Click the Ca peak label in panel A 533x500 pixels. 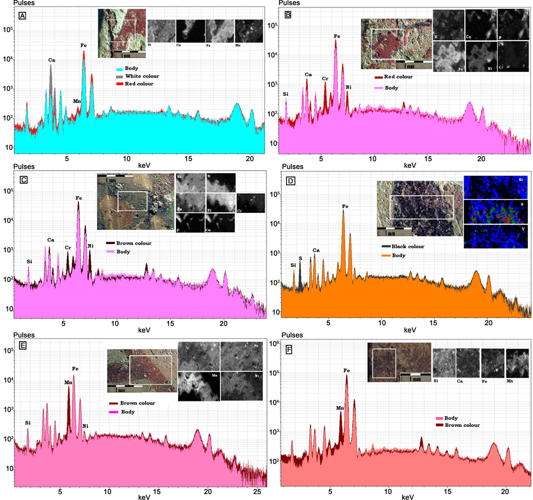click(51, 60)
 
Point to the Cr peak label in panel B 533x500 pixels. click(325, 79)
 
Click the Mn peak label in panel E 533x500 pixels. click(68, 382)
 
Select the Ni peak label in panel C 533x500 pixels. click(91, 231)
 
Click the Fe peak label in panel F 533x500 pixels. click(347, 371)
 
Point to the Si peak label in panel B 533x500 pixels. click(286, 94)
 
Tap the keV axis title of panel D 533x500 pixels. click(410, 330)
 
